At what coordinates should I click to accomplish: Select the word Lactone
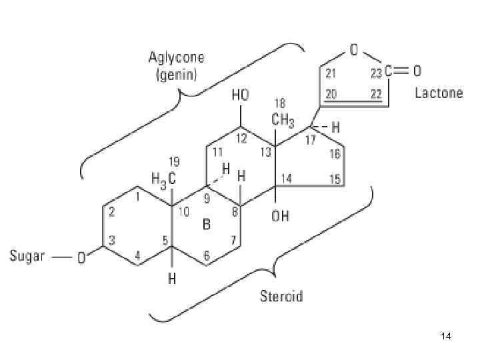tap(439, 93)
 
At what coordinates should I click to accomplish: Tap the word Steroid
tap(281, 296)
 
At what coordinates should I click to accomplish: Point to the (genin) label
tap(176, 75)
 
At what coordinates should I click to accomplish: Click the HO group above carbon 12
tap(240, 96)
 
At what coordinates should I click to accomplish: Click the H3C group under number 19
tap(162, 178)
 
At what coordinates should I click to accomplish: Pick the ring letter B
tap(207, 225)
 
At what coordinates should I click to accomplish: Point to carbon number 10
tap(183, 213)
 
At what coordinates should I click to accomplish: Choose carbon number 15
tap(335, 178)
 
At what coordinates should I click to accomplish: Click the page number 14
tap(446, 338)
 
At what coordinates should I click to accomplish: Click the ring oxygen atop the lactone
tap(354, 49)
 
